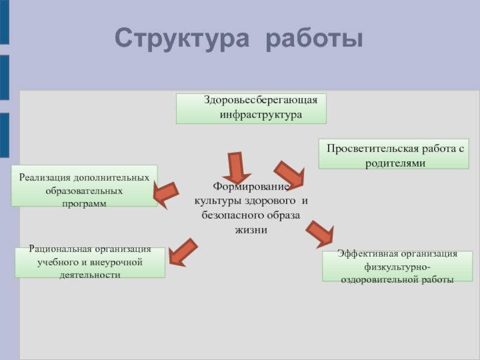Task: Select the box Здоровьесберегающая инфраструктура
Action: (251, 108)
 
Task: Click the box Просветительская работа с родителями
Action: (393, 154)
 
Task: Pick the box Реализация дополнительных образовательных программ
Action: (84, 186)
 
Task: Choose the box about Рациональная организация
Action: (90, 262)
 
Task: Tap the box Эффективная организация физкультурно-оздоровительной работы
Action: (397, 266)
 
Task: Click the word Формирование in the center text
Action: (251, 187)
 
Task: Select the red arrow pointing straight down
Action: (235, 167)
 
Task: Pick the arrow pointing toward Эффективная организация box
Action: (320, 234)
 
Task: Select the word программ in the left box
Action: (84, 203)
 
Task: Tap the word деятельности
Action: (90, 275)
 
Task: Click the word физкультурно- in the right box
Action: (397, 267)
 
